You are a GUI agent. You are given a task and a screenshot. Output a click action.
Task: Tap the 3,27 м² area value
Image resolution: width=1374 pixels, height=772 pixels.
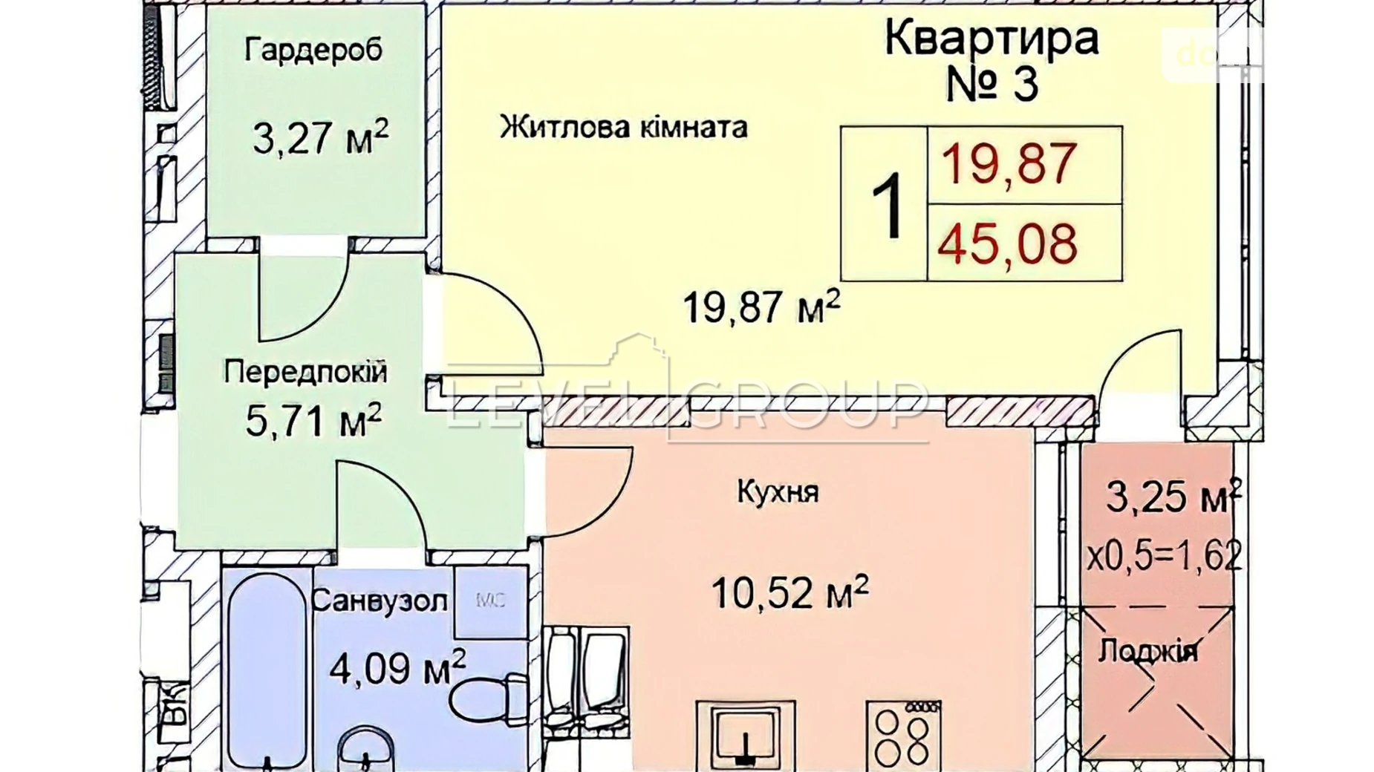pos(320,137)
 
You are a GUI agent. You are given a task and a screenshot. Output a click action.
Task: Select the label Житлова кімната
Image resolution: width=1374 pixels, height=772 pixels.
pos(622,127)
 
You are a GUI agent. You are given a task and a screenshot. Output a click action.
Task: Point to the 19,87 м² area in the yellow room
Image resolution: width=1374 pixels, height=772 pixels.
pos(761,307)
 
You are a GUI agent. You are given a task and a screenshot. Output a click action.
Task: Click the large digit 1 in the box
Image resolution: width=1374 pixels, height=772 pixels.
pos(886,205)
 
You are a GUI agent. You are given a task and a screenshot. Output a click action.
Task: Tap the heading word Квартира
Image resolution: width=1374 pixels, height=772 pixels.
pos(991,38)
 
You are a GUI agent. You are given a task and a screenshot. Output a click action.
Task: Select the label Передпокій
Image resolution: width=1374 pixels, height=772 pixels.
pos(305,372)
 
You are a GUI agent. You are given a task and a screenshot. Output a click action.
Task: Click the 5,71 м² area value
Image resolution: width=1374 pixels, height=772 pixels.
pos(313,421)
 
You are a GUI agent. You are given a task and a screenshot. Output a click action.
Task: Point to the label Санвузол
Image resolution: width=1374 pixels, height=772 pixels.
pos(380,600)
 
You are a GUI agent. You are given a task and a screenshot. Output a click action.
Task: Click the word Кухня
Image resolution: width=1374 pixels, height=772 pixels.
pos(778,491)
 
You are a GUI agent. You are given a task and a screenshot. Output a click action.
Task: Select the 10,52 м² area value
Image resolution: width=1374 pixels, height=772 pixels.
pos(789,592)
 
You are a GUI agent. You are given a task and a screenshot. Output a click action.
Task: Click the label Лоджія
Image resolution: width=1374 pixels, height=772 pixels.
pos(1147,651)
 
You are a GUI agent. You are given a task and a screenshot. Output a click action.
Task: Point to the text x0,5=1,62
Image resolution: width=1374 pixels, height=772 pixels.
pos(1164,555)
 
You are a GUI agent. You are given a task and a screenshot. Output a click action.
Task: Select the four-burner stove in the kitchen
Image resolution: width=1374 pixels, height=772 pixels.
pos(903,735)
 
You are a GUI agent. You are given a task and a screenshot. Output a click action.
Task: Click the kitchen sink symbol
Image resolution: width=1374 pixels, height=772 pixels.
pos(745,735)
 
